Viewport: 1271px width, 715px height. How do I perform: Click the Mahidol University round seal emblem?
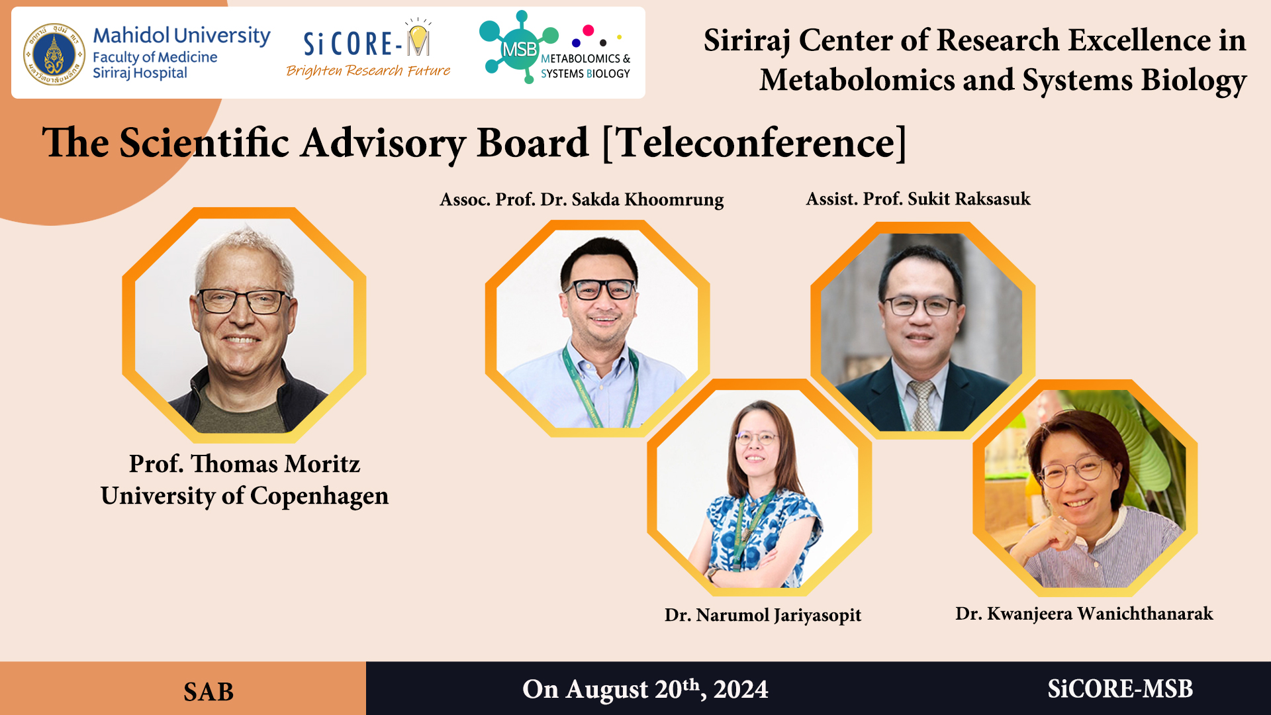tap(54, 54)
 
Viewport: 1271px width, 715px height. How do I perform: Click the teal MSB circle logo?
tap(519, 48)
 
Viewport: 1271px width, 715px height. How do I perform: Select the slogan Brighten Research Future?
tap(368, 71)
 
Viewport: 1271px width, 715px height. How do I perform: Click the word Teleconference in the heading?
tap(755, 142)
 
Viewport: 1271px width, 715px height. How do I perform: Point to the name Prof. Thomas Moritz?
tap(244, 463)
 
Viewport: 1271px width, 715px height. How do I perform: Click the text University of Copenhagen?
tap(244, 496)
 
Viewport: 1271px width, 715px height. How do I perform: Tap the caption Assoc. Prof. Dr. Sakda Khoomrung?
tap(582, 199)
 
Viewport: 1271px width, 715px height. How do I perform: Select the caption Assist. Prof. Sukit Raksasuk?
tap(918, 199)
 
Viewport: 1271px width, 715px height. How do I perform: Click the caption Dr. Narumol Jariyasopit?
tap(763, 615)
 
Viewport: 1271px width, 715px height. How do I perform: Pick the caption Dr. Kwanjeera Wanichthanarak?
tap(1084, 614)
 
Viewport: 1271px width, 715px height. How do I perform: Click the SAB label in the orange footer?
tap(209, 692)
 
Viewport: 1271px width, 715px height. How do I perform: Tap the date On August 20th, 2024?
tap(645, 689)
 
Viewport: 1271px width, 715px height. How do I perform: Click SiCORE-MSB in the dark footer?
tap(1120, 689)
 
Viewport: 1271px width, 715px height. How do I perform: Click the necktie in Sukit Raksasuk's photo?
tap(921, 405)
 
